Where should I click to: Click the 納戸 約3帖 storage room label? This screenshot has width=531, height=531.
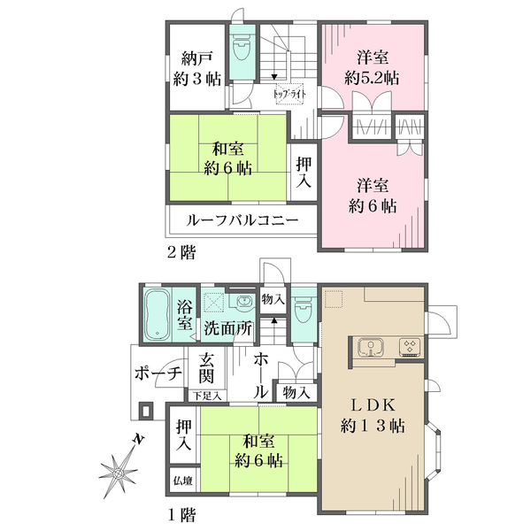[x=196, y=69]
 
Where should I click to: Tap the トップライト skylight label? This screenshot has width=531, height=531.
[x=289, y=94]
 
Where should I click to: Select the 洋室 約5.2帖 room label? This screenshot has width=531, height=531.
[x=372, y=67]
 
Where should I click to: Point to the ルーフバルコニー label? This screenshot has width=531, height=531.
[x=242, y=220]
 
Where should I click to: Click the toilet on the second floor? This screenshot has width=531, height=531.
[x=242, y=47]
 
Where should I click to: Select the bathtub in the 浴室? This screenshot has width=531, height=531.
[x=158, y=314]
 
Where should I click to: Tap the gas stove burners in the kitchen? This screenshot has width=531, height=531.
[x=411, y=347]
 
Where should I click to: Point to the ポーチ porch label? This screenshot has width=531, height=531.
[x=158, y=373]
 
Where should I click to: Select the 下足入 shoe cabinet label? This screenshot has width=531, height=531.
[x=207, y=396]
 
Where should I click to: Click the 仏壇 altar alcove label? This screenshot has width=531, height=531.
[x=183, y=481]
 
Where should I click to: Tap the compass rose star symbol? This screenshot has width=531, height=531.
[x=119, y=473]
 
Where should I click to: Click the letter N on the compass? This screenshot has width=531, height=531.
[x=139, y=439]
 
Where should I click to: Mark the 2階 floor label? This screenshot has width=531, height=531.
[x=181, y=252]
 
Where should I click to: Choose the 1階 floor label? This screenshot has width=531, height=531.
[x=181, y=515]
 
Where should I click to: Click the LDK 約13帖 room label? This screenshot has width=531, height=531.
[x=373, y=416]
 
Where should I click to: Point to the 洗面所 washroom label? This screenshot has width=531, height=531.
[x=227, y=328]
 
